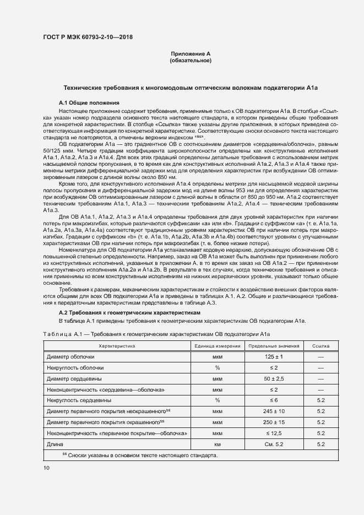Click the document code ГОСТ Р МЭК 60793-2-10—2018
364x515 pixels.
88,37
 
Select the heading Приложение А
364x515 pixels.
191,53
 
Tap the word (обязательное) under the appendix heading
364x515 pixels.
191,60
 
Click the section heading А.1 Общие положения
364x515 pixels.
89,103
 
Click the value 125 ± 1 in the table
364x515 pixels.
273,357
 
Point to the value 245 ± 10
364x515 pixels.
273,411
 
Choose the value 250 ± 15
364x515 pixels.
273,422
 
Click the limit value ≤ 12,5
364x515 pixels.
273,433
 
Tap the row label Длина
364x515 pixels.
56,444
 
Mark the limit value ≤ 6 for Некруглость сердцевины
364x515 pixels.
273,400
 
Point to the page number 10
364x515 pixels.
46,468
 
